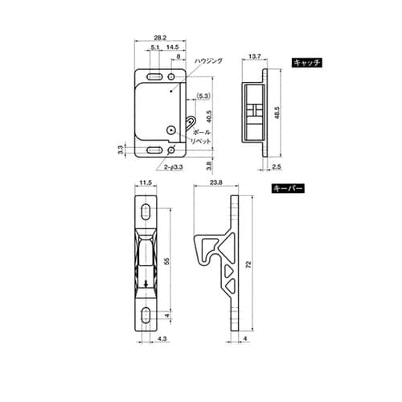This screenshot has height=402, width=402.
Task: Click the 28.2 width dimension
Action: tap(160, 38)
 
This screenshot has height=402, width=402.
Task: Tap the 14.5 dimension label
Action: tap(172, 47)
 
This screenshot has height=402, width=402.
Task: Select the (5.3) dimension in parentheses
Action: tap(203, 96)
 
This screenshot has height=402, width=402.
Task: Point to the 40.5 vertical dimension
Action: tap(210, 117)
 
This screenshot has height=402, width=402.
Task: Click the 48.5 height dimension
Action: tap(277, 113)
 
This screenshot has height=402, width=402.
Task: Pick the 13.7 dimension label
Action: tap(254, 56)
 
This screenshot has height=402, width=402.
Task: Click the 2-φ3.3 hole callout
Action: tap(174, 167)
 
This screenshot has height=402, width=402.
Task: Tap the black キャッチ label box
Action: tap(307, 63)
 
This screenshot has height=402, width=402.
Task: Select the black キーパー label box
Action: tap(288, 188)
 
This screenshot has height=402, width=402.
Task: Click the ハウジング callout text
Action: tap(208, 61)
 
